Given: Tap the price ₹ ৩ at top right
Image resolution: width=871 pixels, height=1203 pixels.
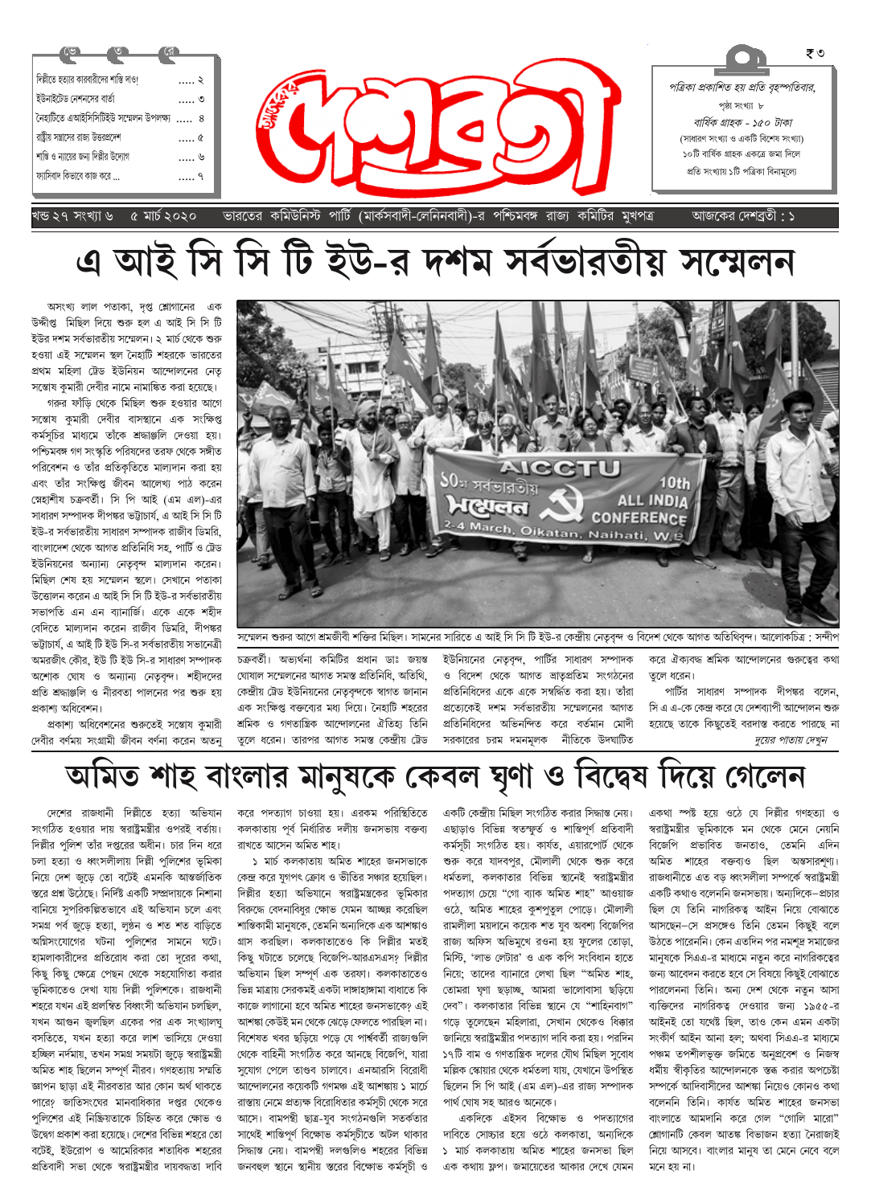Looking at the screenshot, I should pos(814,54).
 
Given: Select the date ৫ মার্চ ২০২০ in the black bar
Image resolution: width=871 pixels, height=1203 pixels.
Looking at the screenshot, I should pos(163,217).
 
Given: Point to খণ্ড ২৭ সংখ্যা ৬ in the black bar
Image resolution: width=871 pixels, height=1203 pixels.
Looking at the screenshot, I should pos(72,217).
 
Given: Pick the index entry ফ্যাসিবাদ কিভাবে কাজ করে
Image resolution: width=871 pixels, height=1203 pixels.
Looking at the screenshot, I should pos(78,176).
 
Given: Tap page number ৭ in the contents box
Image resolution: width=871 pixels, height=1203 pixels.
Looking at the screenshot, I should pos(200,176).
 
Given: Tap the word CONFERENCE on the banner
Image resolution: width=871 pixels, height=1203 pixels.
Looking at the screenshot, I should pos(639,518).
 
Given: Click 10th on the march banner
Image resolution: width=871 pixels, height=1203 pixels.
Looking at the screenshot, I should pos(674,483).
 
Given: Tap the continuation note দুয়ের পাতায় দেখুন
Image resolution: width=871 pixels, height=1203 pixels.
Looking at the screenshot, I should pos(791,740).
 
